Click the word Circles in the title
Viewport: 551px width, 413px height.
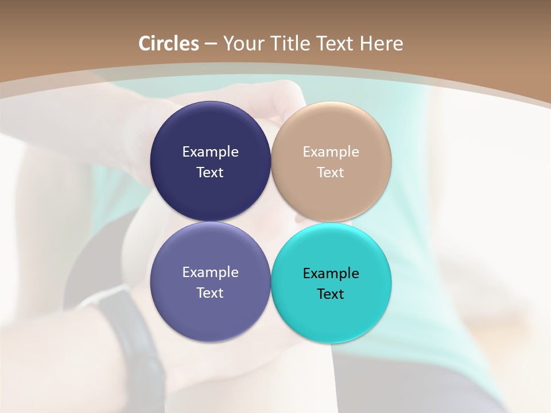coord(168,44)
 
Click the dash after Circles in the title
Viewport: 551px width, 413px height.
coord(211,44)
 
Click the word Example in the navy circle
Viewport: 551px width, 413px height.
coord(210,151)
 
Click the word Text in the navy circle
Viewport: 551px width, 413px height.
coord(210,172)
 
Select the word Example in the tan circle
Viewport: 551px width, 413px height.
coord(331,151)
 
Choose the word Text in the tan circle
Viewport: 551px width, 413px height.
coord(331,172)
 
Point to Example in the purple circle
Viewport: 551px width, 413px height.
coord(210,272)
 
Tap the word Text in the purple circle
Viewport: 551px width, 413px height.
coord(210,293)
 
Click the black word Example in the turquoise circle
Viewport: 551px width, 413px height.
coord(331,273)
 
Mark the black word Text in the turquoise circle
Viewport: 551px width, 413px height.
coord(331,294)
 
